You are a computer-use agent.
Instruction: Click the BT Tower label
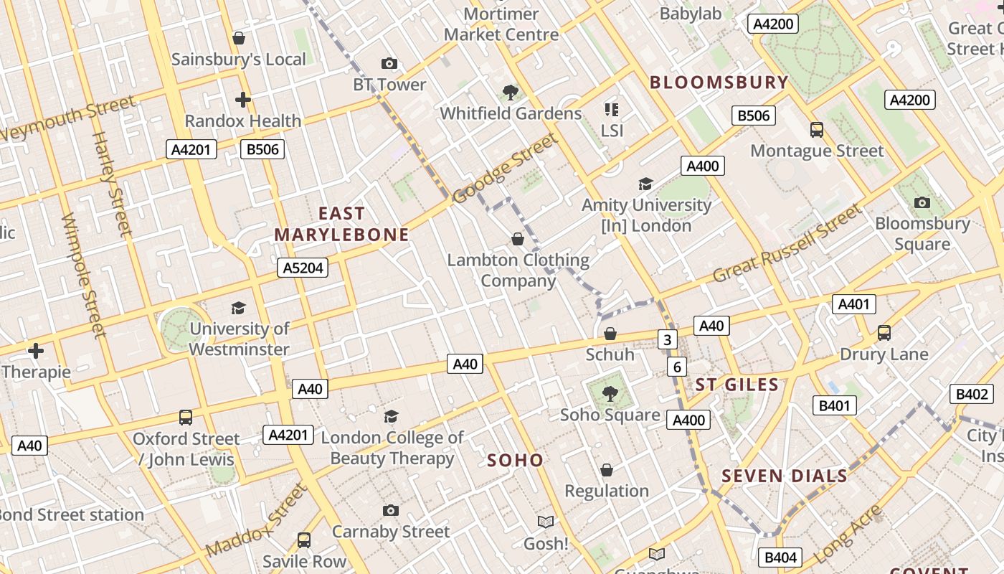(389, 85)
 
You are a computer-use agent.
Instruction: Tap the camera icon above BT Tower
(389, 64)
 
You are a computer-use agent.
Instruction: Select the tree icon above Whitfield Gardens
(511, 92)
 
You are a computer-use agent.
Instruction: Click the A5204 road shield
(303, 268)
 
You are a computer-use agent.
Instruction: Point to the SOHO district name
(515, 460)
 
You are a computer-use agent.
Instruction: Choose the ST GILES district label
(737, 385)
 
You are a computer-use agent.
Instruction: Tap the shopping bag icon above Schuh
(610, 334)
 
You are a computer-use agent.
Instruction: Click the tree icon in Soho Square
(610, 393)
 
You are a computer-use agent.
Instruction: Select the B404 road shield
(780, 557)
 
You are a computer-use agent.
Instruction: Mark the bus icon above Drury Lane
(884, 333)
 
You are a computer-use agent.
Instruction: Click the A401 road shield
(854, 304)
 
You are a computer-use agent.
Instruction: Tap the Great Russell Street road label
(787, 243)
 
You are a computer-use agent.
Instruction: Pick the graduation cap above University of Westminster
(239, 308)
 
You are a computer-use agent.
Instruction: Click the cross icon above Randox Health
(243, 99)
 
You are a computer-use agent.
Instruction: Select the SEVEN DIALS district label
(784, 476)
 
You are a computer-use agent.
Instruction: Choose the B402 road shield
(972, 394)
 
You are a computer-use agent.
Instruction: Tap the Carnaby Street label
(391, 532)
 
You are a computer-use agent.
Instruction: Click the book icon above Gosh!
(546, 522)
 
